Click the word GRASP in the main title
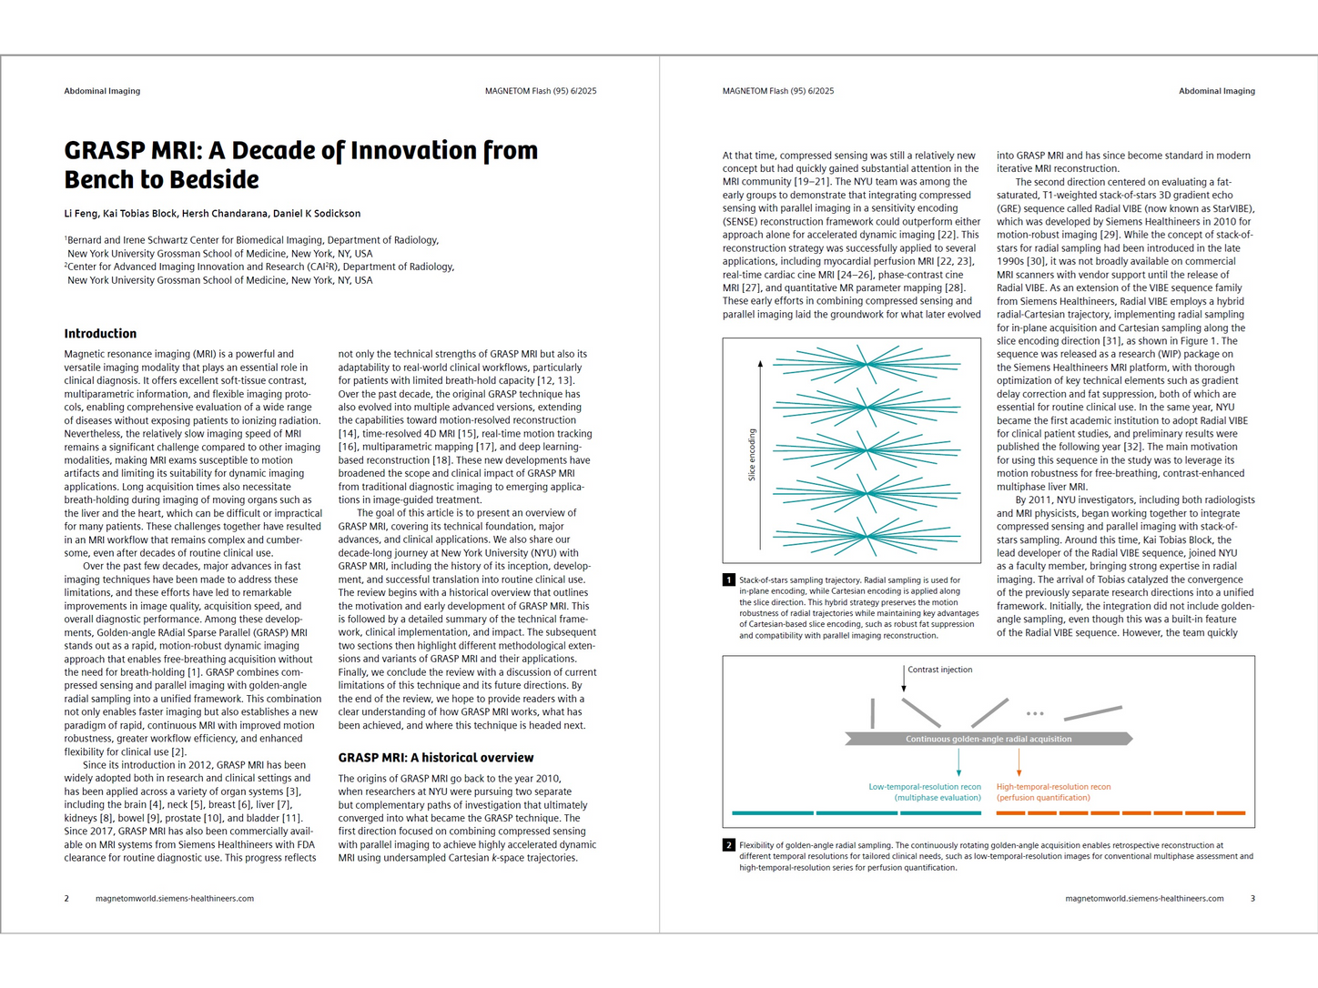(x=105, y=151)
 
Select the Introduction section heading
(x=100, y=334)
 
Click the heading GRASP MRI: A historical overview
(x=436, y=758)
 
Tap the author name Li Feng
(x=80, y=214)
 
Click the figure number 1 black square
(x=729, y=580)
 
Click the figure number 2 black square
(x=729, y=845)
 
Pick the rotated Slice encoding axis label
(x=752, y=454)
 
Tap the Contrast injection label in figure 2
(x=939, y=670)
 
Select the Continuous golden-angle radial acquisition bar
(x=988, y=739)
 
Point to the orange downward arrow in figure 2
(x=1019, y=762)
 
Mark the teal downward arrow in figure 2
(x=959, y=762)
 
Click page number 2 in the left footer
(x=66, y=899)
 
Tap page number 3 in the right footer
(x=1252, y=899)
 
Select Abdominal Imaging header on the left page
(x=102, y=91)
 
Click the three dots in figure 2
(x=1035, y=713)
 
